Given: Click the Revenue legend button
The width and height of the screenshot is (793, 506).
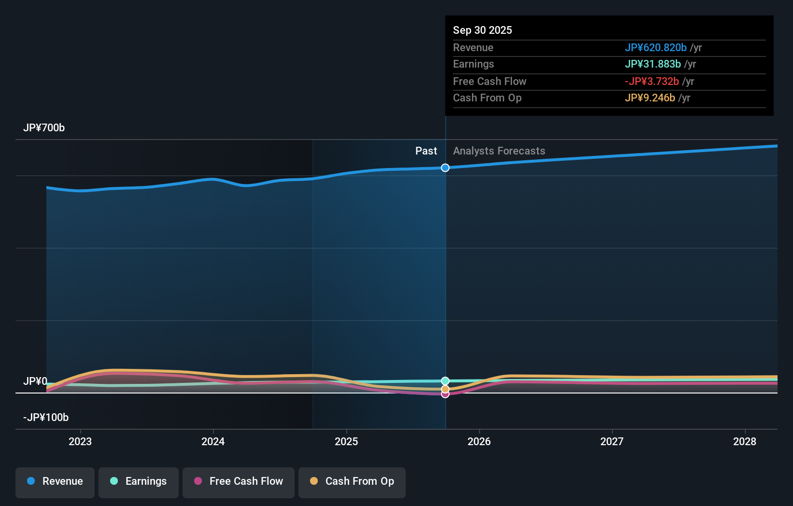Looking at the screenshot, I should (x=55, y=482).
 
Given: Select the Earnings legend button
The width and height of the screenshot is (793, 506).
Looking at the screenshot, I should (x=139, y=482).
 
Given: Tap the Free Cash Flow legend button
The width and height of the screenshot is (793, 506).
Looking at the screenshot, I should (x=239, y=482).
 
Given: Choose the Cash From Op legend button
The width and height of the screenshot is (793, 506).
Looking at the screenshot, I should (x=352, y=482).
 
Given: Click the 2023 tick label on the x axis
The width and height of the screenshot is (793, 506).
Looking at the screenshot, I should (x=80, y=441).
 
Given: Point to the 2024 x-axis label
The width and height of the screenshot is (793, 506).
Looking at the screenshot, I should (x=213, y=441).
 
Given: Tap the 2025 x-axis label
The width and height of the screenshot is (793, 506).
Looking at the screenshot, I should (x=346, y=441).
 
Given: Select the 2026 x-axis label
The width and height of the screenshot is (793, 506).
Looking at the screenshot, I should (x=479, y=441).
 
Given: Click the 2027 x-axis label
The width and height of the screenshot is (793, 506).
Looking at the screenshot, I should (x=612, y=441).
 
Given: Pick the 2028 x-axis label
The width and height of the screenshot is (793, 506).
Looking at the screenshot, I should (x=745, y=441).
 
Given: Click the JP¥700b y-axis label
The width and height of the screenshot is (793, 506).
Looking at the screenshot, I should (x=44, y=128).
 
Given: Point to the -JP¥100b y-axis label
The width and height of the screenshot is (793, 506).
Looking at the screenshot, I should (x=46, y=418).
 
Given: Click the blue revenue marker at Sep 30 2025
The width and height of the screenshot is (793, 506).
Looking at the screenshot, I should (x=445, y=168).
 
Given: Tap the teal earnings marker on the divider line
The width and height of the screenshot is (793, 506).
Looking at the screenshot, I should (x=445, y=381).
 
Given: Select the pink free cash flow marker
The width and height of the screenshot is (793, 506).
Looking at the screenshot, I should (x=445, y=394).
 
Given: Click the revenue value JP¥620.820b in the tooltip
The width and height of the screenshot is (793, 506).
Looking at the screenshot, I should (x=655, y=48).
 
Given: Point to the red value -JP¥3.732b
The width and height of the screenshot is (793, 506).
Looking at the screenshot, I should (x=651, y=82).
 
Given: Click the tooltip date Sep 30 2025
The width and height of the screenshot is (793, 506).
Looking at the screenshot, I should (x=482, y=30).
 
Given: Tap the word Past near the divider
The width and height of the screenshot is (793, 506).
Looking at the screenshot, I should (x=426, y=151).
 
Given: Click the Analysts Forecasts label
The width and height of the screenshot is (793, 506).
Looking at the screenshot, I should (x=499, y=151).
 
